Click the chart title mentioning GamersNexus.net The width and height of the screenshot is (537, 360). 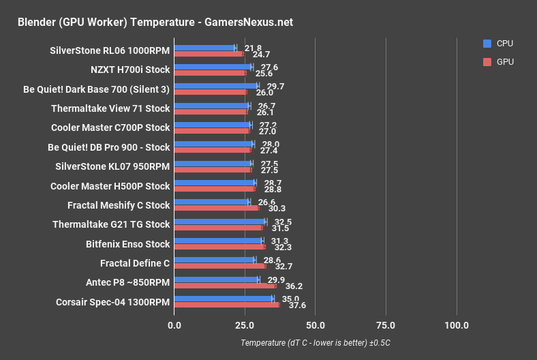[x=155, y=22]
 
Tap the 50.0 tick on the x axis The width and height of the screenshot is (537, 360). [x=316, y=325]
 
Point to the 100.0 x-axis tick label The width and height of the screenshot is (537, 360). [x=456, y=325]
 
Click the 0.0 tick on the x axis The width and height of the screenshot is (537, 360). [x=174, y=325]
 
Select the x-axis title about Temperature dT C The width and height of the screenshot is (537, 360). [x=315, y=343]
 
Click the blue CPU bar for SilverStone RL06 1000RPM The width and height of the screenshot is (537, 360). [x=204, y=48]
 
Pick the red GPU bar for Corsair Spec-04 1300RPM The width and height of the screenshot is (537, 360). [x=227, y=305]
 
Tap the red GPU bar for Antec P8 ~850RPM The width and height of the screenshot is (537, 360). [x=225, y=286]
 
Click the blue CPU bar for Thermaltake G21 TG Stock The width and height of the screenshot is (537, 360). [x=219, y=222]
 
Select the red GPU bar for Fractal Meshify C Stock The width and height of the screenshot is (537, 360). [x=217, y=208]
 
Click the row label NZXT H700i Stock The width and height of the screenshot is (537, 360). [x=130, y=69]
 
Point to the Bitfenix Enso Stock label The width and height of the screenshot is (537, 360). [x=128, y=243]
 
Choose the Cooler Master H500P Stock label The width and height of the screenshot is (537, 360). [x=110, y=185]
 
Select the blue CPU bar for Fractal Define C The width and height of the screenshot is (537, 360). [x=215, y=260]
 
